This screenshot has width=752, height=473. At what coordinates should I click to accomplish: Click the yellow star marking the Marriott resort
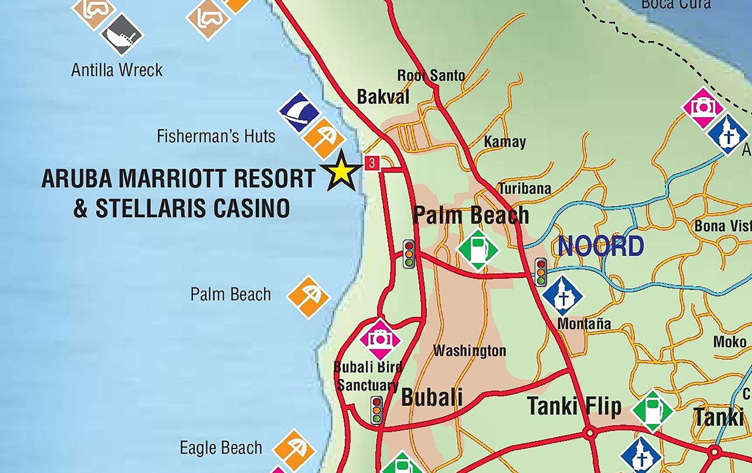pos(342,171)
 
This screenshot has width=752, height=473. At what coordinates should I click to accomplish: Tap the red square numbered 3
pos(372,163)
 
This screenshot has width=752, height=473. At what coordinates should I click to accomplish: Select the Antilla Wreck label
pos(117,70)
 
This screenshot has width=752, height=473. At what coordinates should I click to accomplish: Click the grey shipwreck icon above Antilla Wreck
pos(122,35)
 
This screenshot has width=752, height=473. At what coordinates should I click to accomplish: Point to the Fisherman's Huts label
pos(216,137)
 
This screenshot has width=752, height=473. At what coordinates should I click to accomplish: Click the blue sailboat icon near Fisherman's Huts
pos(299,111)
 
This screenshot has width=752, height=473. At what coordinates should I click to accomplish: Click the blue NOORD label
pos(600,246)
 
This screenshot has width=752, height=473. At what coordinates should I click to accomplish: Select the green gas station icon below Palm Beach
pos(477,249)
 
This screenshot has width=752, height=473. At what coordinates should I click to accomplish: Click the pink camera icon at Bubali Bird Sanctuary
pos(380,339)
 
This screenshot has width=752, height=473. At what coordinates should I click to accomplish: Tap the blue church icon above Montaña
pos(563,296)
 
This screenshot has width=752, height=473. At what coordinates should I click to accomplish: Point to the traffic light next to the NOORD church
pos(540,272)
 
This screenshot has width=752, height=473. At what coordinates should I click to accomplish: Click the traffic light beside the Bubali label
pos(376,410)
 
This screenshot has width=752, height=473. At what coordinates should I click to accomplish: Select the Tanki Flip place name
pos(574,406)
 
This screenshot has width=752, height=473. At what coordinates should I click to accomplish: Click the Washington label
pos(469,351)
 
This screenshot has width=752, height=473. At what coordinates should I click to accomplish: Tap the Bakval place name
pos(383,97)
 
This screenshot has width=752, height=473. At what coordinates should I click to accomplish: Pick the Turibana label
pos(525,188)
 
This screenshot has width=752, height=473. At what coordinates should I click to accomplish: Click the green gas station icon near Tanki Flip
pos(652,411)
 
